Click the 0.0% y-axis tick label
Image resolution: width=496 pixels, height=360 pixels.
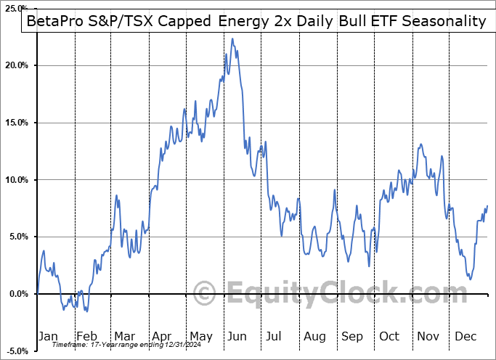click(x=19, y=294)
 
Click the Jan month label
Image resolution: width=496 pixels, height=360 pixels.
click(x=48, y=336)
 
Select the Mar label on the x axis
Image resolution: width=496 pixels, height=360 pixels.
click(x=124, y=336)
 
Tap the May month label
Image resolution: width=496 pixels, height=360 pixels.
click(x=201, y=336)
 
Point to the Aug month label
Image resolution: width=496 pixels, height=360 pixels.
click(x=314, y=336)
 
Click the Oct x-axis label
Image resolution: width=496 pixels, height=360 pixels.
click(x=390, y=336)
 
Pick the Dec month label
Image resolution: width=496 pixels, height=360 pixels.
click(x=466, y=336)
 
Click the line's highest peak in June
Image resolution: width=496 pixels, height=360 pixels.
click(x=232, y=38)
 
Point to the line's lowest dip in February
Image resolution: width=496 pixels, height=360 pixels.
click(x=86, y=311)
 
